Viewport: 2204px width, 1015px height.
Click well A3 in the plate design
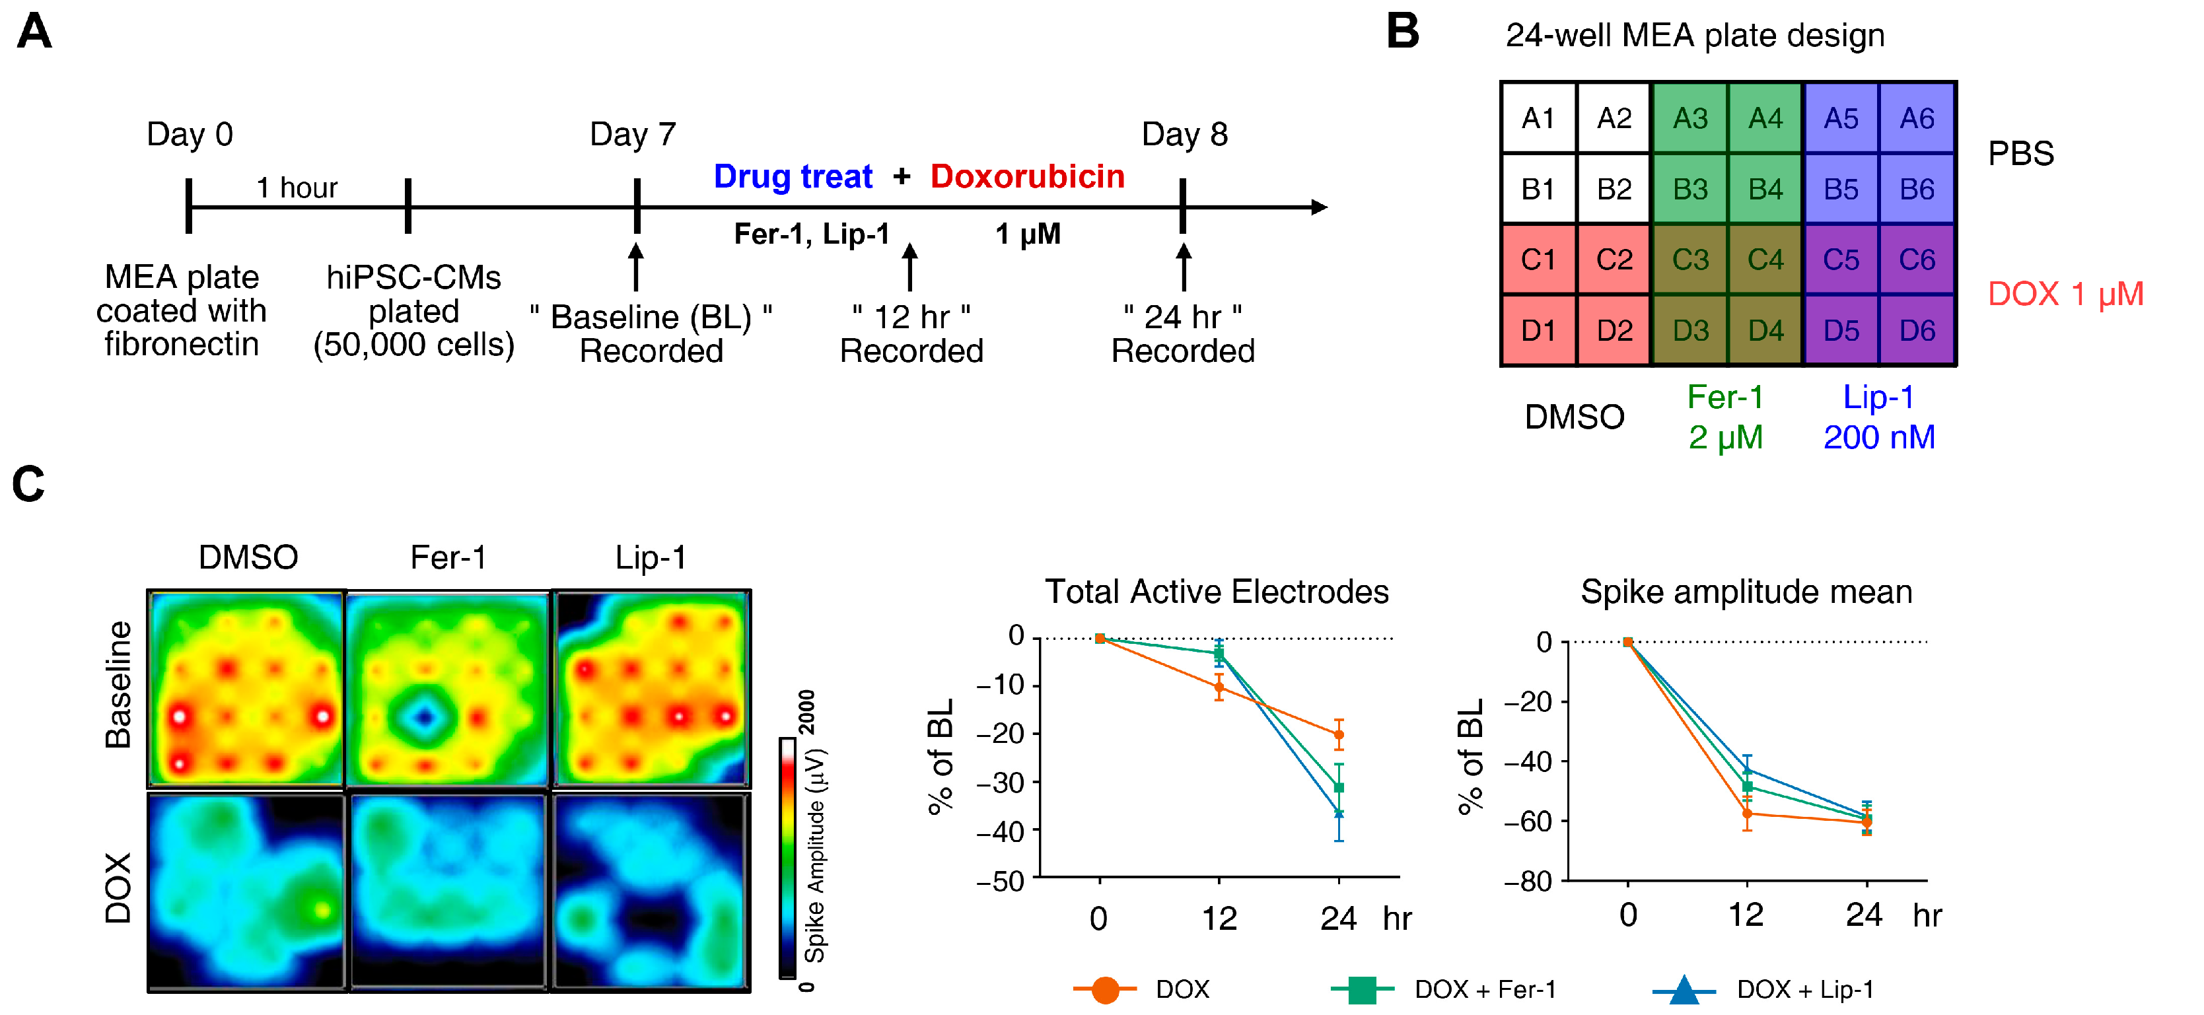[x=1689, y=118]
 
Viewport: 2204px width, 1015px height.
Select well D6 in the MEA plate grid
[x=1917, y=330]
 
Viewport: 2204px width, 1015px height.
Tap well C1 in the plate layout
[x=1538, y=260]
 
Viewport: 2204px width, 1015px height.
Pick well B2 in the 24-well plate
[x=1614, y=189]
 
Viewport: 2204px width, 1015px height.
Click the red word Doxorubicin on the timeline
[x=1027, y=176]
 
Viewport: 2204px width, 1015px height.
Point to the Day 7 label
[x=632, y=134]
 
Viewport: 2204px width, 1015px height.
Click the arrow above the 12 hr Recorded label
[x=909, y=266]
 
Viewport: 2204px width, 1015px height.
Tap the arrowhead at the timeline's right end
[x=1320, y=207]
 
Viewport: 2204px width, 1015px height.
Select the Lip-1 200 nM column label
[x=1879, y=417]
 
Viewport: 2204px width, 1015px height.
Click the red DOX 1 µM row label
[x=2065, y=295]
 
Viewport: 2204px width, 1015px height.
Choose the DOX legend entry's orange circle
[x=1104, y=989]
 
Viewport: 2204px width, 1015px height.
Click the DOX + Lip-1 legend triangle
[x=1683, y=989]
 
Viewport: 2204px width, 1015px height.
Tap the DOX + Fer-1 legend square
[x=1361, y=989]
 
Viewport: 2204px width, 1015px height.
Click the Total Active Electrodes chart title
[x=1216, y=592]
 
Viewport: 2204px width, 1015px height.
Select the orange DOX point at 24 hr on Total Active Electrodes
[x=1338, y=734]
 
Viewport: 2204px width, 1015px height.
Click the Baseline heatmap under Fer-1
[x=448, y=689]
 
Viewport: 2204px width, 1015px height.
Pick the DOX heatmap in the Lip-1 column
[x=651, y=892]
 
